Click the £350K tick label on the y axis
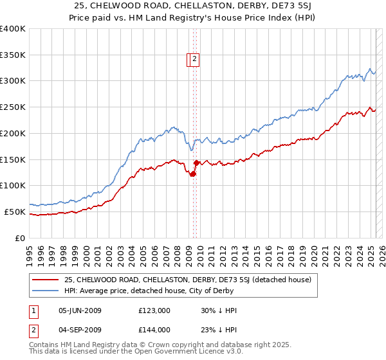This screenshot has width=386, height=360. tap(12, 55)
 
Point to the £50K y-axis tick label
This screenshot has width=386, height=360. tap(15, 212)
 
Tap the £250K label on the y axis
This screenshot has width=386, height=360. tap(12, 107)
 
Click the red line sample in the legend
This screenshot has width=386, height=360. tap(45, 280)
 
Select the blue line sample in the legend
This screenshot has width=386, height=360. tap(45, 291)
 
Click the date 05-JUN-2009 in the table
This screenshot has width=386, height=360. tap(80, 311)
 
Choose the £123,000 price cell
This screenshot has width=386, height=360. tap(154, 311)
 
